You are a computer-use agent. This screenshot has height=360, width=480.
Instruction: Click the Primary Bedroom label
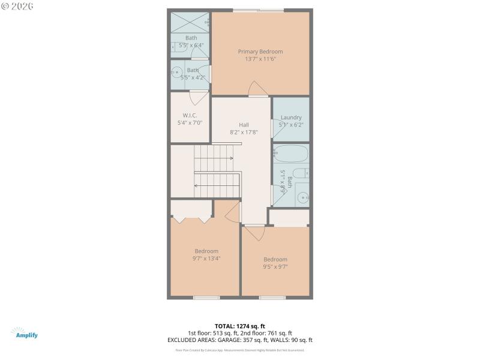260,52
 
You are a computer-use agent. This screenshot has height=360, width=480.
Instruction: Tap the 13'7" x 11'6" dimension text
260,59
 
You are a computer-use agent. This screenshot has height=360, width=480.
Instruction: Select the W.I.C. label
190,115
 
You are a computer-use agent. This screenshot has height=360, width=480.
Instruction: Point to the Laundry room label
291,118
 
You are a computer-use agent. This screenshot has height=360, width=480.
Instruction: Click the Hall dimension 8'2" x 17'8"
244,132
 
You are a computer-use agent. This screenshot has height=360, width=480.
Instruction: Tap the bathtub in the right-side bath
291,154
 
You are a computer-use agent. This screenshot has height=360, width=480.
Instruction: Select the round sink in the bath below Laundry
303,196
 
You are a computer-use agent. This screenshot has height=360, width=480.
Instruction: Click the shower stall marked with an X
190,22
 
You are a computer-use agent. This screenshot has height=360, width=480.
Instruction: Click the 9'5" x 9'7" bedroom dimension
275,267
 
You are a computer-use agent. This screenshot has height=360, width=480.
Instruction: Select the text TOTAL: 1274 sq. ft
240,326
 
